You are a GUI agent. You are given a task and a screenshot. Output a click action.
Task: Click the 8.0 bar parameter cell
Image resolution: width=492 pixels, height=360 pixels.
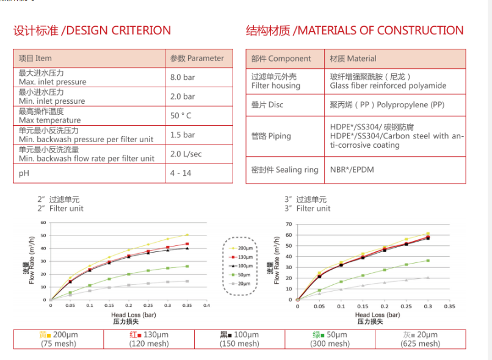click(x=183, y=77)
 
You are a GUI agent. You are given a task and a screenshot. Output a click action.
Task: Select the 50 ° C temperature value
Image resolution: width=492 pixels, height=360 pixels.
click(x=182, y=116)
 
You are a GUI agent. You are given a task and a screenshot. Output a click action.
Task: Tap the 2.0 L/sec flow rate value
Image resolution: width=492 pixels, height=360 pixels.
click(x=186, y=154)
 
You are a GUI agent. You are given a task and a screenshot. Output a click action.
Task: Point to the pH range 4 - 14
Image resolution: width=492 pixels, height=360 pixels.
click(x=181, y=173)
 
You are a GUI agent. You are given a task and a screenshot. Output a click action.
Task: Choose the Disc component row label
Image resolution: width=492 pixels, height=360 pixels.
click(x=267, y=105)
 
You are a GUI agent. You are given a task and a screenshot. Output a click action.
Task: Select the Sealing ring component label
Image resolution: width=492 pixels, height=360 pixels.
click(x=284, y=170)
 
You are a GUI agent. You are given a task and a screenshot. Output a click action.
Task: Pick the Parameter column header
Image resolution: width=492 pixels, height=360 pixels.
click(x=197, y=59)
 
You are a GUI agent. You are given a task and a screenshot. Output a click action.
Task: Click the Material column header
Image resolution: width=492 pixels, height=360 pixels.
click(x=353, y=59)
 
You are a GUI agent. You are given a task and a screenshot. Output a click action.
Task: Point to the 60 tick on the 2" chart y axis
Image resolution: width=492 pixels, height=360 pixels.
click(x=43, y=222)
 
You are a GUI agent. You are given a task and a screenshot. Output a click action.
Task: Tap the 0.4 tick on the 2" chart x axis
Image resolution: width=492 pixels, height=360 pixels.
click(x=206, y=305)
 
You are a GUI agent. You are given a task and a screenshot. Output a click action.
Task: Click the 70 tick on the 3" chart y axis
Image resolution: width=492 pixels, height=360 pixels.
click(x=289, y=225)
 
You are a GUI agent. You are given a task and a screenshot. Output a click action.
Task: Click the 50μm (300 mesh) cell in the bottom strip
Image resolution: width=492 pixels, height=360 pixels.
click(x=330, y=339)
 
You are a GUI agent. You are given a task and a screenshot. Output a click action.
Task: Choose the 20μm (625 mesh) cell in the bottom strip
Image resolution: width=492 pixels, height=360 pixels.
click(x=420, y=339)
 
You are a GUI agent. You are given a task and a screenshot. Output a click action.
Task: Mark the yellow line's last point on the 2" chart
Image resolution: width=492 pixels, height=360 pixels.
click(x=187, y=235)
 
